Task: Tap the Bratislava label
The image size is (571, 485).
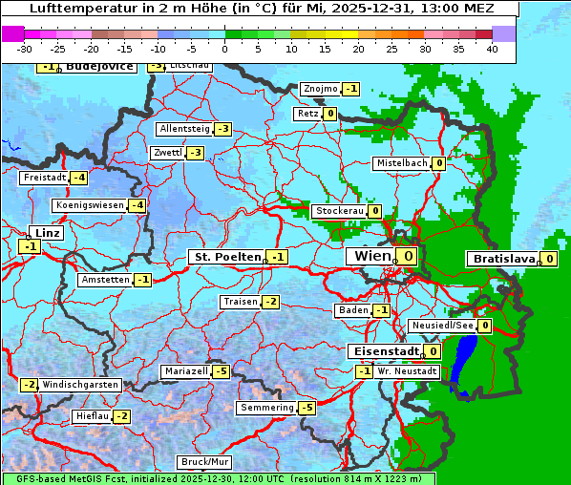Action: (502, 259)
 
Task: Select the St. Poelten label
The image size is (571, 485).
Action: (226, 257)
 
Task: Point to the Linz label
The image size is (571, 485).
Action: (47, 233)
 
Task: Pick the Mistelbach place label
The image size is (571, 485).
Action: (402, 163)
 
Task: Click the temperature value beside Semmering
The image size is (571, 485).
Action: (307, 408)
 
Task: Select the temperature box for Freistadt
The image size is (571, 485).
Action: (78, 178)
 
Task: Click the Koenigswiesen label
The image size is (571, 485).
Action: (90, 205)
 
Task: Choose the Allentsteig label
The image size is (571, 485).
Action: (184, 129)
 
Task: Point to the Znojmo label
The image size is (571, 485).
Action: (320, 89)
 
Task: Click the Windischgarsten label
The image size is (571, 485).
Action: (80, 385)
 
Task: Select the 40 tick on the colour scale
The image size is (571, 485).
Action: (492, 48)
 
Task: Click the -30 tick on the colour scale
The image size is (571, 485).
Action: (25, 48)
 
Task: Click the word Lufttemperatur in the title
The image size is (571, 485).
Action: (77, 9)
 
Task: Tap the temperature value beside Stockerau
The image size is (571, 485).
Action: (375, 211)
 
